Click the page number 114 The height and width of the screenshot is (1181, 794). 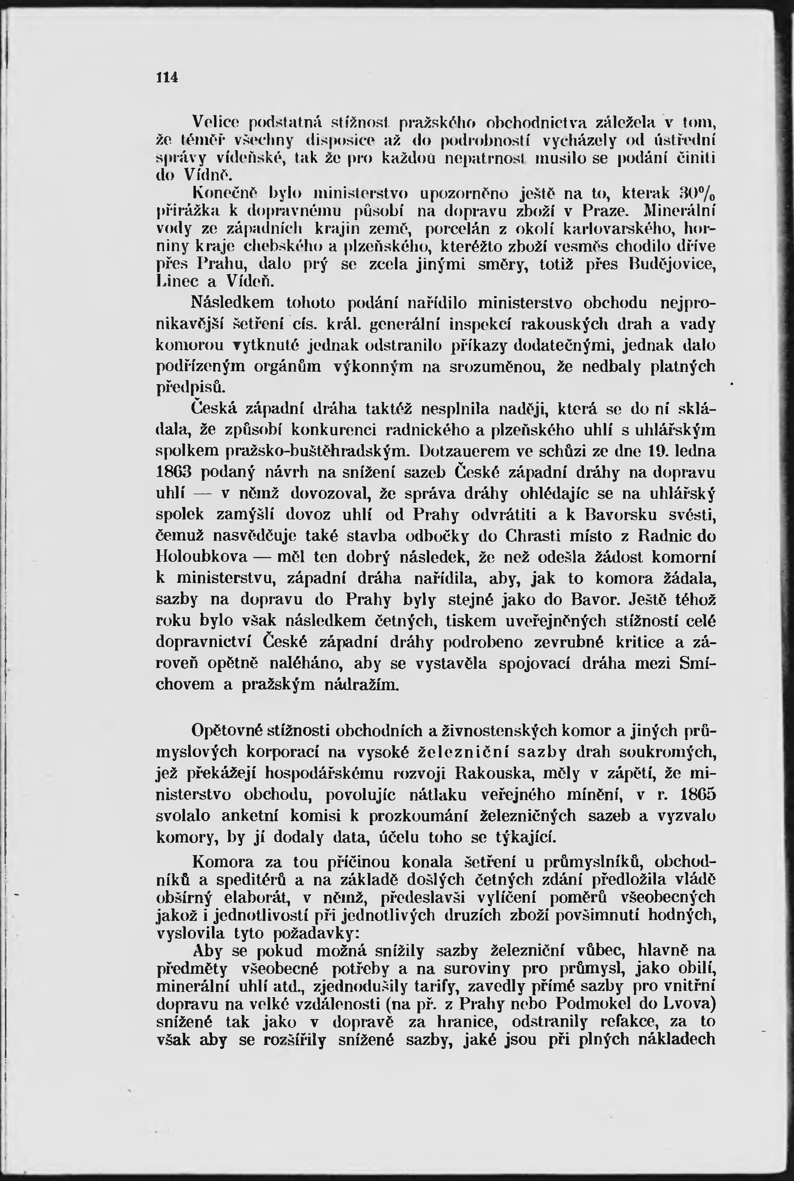[x=168, y=78]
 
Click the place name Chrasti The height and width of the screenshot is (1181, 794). [x=525, y=536]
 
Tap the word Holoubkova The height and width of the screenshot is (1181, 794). [x=202, y=557]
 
